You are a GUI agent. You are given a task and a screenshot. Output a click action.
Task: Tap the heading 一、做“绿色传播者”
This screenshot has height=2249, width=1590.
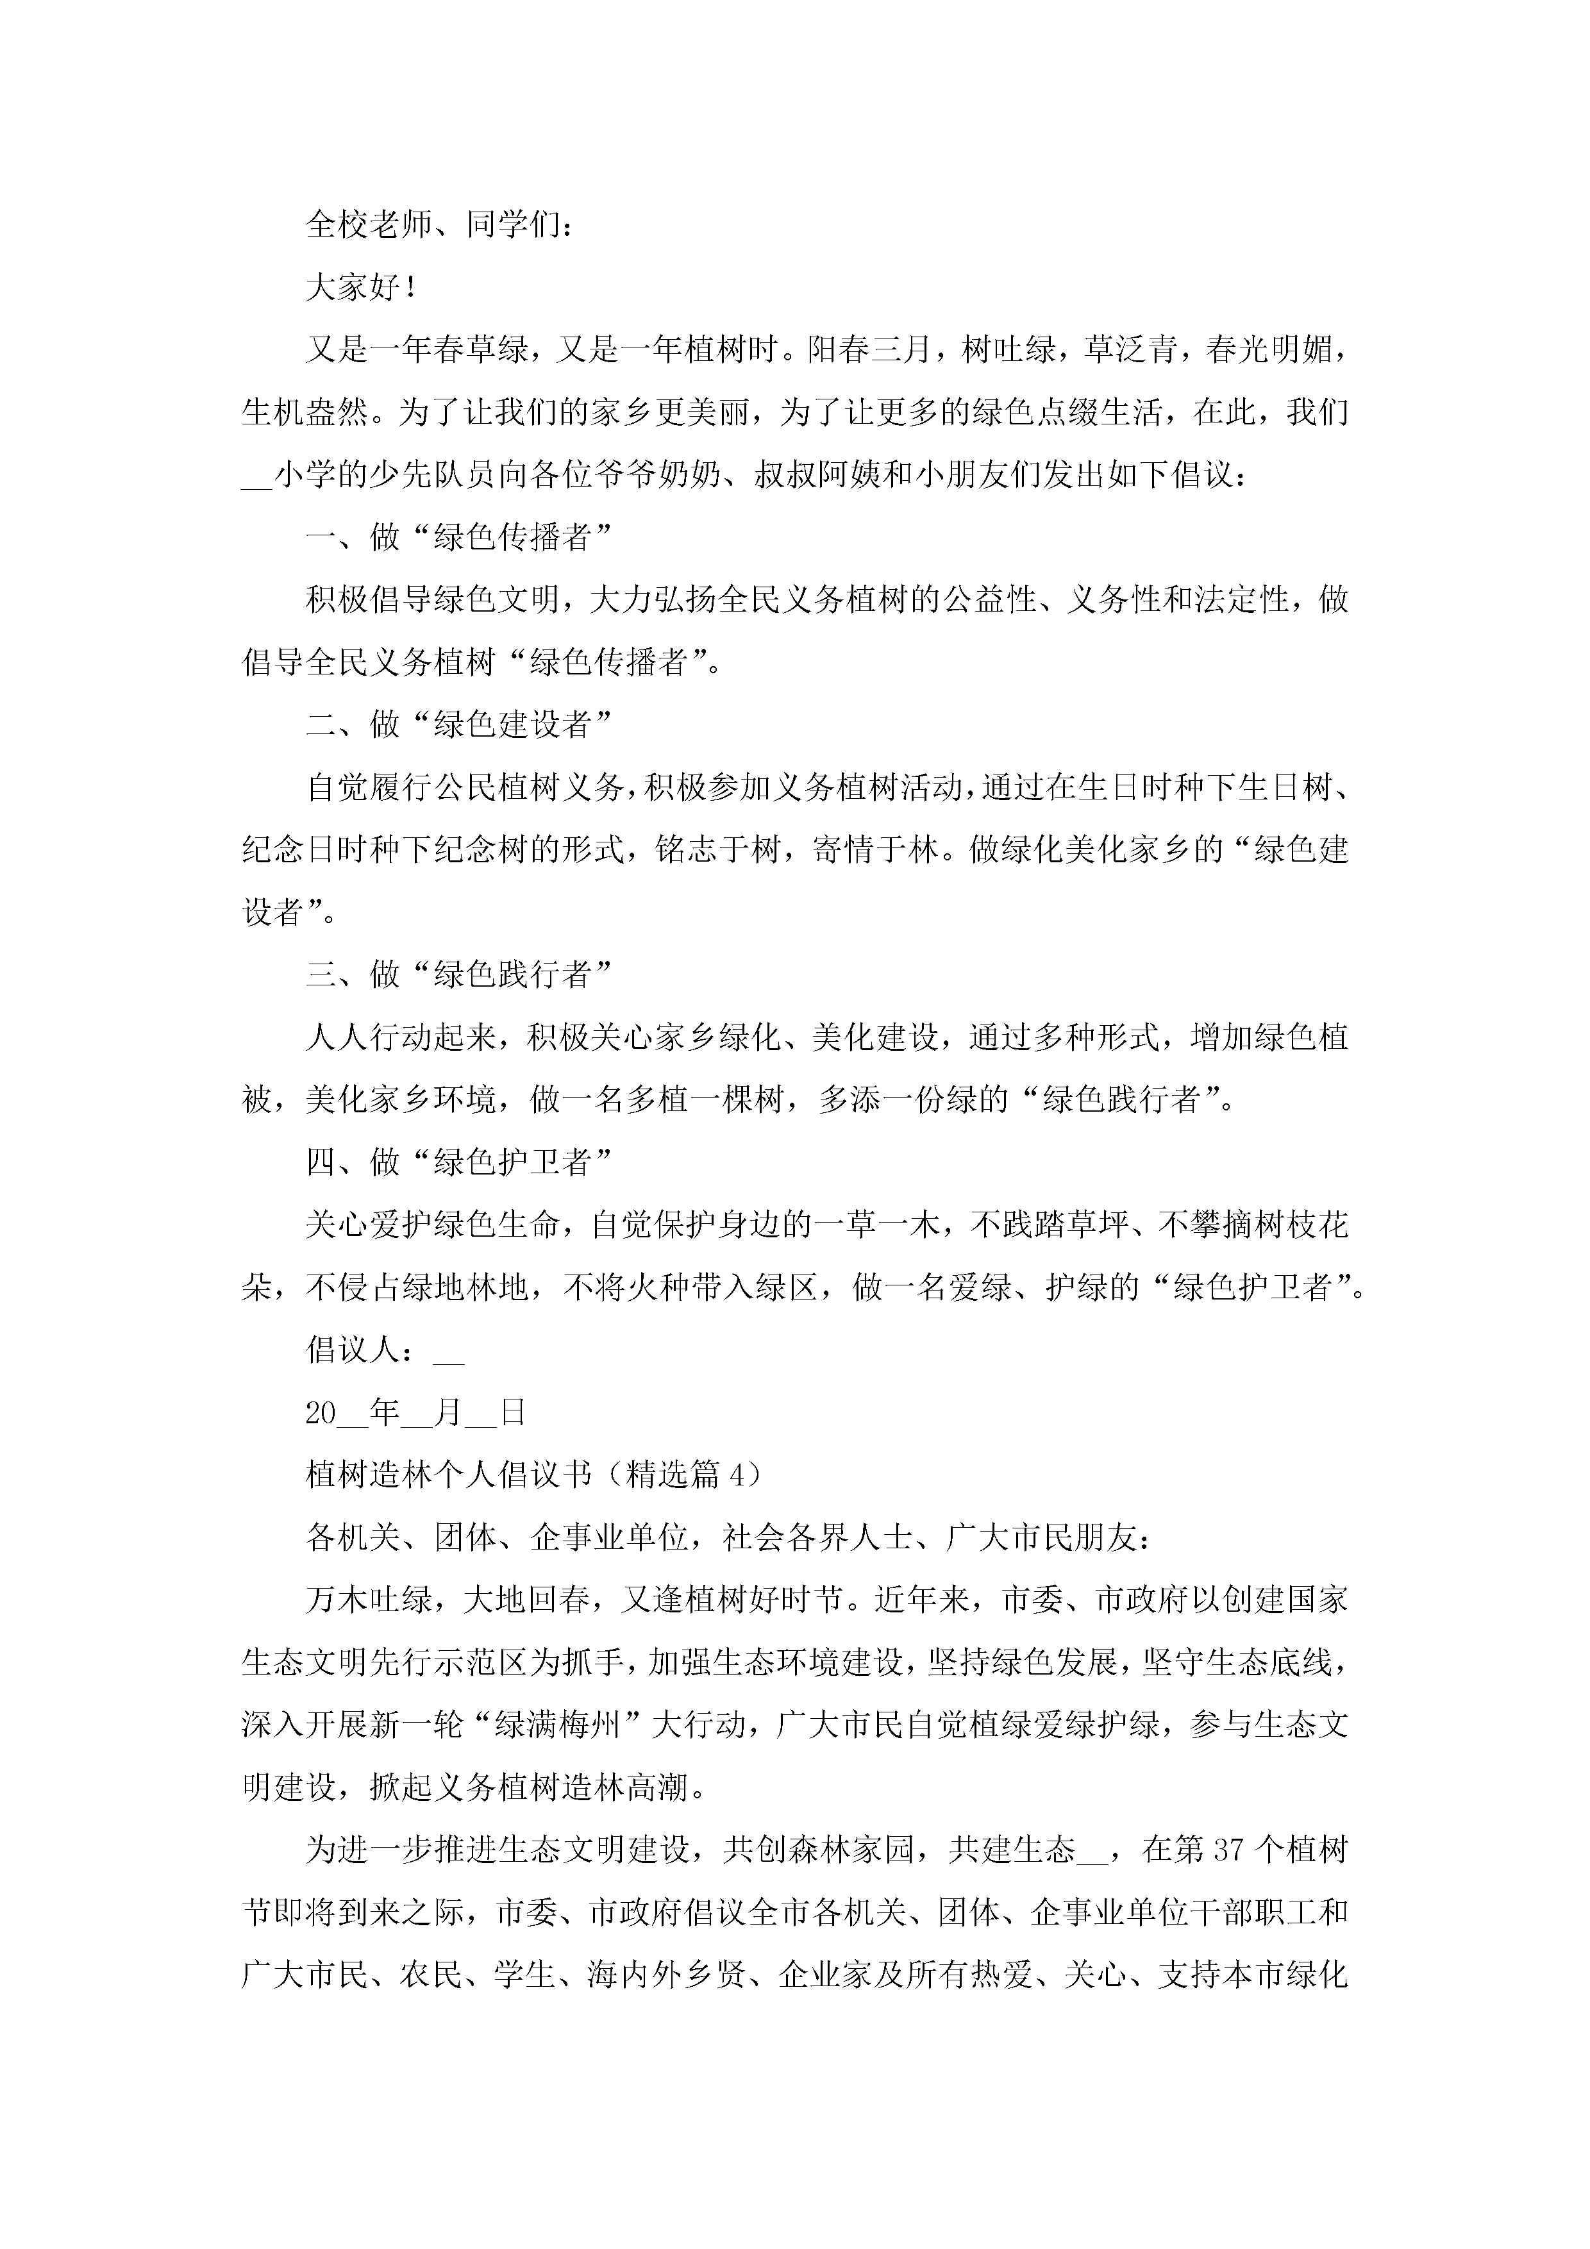pos(458,537)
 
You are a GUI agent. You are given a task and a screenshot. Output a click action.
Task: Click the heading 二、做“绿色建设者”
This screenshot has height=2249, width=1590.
pos(458,725)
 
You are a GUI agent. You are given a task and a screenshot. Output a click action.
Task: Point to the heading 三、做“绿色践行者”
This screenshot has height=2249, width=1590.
pos(458,974)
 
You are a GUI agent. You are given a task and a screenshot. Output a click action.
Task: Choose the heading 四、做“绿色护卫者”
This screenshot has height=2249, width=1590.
pos(458,1163)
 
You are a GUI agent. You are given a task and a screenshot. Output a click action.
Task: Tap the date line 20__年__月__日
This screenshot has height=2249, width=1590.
pos(416,1412)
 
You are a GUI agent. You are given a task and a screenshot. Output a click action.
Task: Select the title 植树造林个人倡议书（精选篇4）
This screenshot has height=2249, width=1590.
pos(535,1475)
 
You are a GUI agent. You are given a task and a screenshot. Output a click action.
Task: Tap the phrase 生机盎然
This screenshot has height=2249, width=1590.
pos(305,412)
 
